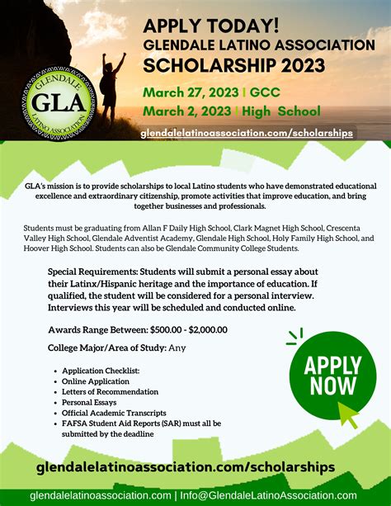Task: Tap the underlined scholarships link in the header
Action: tap(247, 132)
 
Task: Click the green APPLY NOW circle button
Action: tap(332, 375)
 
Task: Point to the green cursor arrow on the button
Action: tap(348, 416)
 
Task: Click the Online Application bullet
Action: tap(96, 381)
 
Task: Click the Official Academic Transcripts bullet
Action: tap(114, 413)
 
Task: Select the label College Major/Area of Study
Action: tap(106, 348)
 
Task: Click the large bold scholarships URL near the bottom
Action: tap(186, 467)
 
